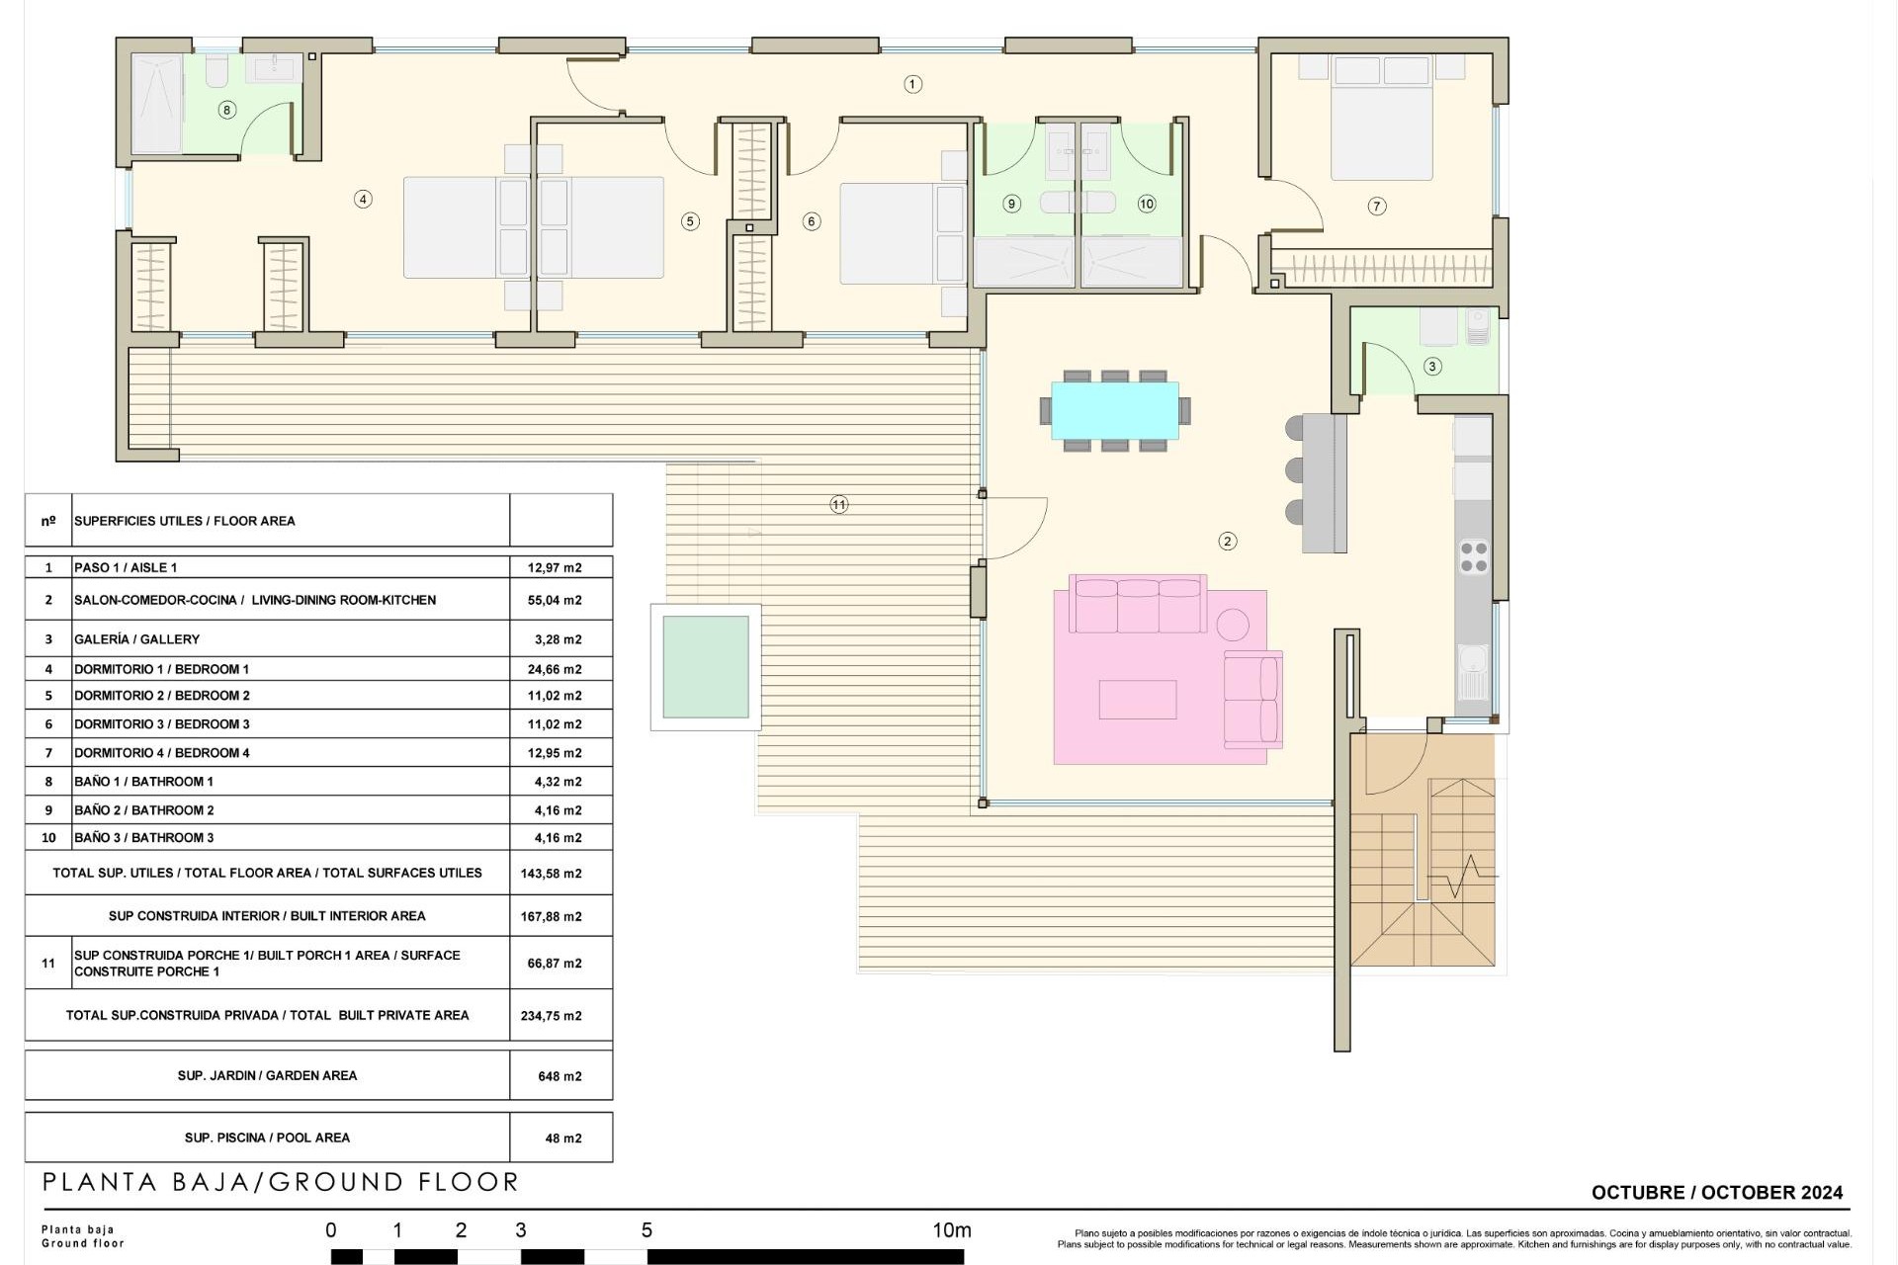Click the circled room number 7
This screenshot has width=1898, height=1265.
pyautogui.click(x=1377, y=206)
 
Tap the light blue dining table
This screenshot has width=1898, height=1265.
pyautogui.click(x=1114, y=410)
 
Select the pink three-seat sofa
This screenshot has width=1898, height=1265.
pyautogui.click(x=1140, y=604)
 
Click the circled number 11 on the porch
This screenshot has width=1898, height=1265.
pyautogui.click(x=838, y=504)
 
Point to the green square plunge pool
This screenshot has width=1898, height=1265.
pyautogui.click(x=705, y=667)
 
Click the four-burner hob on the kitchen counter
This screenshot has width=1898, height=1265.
pyautogui.click(x=1473, y=556)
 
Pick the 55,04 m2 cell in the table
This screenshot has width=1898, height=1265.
pyautogui.click(x=555, y=600)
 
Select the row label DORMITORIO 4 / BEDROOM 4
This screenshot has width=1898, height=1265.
pyautogui.click(x=162, y=753)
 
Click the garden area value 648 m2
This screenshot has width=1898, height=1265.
pyautogui.click(x=560, y=1076)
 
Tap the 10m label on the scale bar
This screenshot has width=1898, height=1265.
pyautogui.click(x=951, y=1230)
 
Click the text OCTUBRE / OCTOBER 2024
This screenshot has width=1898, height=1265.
pyautogui.click(x=1716, y=1193)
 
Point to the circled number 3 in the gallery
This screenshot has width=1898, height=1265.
pyautogui.click(x=1432, y=366)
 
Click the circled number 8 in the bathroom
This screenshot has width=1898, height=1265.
pyautogui.click(x=226, y=110)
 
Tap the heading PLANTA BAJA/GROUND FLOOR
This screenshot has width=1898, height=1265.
pyautogui.click(x=281, y=1182)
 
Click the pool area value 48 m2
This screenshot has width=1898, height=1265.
pyautogui.click(x=562, y=1138)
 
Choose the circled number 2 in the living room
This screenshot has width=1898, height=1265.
pyautogui.click(x=1227, y=541)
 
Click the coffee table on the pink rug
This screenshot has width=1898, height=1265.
pyautogui.click(x=1137, y=700)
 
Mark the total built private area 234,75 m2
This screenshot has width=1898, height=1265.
pyautogui.click(x=551, y=1016)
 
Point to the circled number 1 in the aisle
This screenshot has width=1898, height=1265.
pyautogui.click(x=912, y=84)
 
